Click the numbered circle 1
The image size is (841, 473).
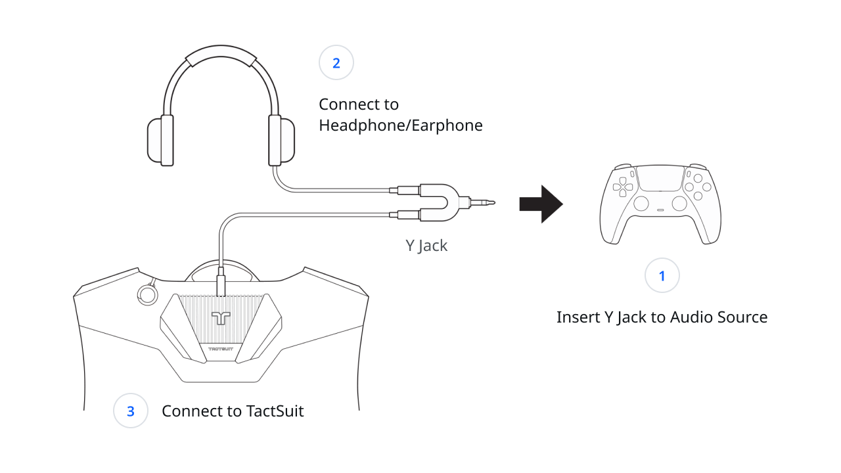tap(662, 276)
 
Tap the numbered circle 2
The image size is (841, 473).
tap(336, 63)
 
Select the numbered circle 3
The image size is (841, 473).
tap(130, 411)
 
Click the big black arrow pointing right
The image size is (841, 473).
tap(541, 204)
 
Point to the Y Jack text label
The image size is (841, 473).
tap(426, 246)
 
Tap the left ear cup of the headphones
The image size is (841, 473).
tap(160, 140)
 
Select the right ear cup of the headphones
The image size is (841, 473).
tap(281, 140)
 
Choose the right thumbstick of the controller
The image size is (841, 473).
tap(679, 204)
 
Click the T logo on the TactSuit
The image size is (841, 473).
tap(221, 318)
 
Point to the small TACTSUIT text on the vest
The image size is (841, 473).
tap(221, 348)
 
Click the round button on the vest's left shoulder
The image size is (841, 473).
tap(144, 294)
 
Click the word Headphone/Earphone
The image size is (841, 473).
tap(401, 125)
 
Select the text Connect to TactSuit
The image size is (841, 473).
tap(233, 411)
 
